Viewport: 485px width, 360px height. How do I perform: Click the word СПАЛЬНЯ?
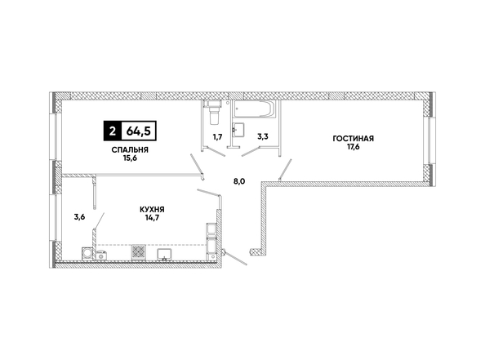point(130,150)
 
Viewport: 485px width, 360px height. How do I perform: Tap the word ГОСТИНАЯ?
point(354,139)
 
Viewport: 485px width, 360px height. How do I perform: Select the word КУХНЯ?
point(152,210)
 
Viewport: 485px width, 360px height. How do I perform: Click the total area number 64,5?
point(139,131)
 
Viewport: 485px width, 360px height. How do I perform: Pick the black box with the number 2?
point(113,131)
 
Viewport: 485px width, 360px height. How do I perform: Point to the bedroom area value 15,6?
point(130,158)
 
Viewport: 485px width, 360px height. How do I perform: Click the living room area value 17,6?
point(354,147)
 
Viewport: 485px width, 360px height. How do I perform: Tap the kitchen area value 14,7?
point(152,218)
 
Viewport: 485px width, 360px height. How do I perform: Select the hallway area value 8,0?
point(239,181)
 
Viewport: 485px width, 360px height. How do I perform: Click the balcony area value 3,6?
point(79,217)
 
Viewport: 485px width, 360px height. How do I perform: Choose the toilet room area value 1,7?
point(217,136)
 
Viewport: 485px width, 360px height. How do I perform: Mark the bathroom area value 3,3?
point(263,136)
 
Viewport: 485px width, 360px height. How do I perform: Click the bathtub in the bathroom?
point(254,109)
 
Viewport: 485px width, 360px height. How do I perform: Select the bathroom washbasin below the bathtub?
point(238,129)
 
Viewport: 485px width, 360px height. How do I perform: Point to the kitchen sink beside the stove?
point(164,255)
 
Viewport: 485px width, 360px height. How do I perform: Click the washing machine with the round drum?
point(87,254)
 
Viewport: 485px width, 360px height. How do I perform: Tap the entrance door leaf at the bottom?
point(236,258)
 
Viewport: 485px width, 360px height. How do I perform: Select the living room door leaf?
point(286,169)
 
